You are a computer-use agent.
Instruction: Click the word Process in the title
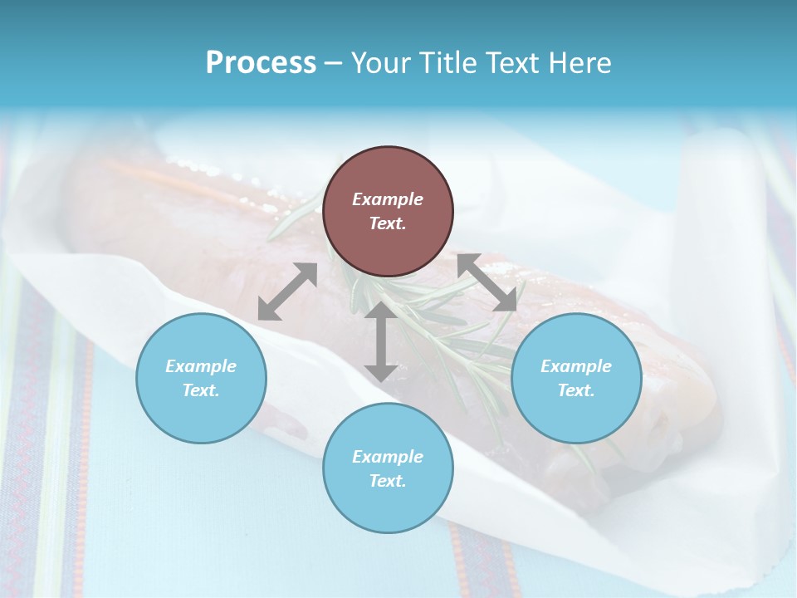(x=261, y=63)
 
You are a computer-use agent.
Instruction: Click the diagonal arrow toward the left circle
(x=287, y=292)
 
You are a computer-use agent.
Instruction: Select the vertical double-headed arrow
(x=380, y=341)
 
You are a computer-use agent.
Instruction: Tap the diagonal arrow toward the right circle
(x=487, y=282)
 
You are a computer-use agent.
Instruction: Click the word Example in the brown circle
(x=388, y=199)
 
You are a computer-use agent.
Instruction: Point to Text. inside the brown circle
(x=388, y=223)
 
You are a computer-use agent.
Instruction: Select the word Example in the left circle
(x=201, y=366)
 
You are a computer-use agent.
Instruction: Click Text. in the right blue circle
(x=576, y=390)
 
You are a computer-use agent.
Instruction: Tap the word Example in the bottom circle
(x=388, y=457)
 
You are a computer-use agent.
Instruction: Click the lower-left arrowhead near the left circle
(x=267, y=311)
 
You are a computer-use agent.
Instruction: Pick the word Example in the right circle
(x=576, y=366)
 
